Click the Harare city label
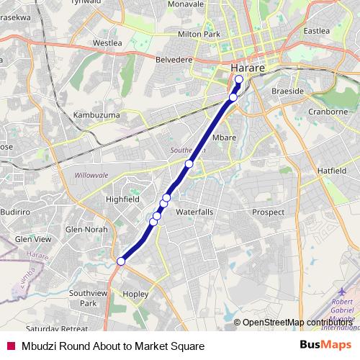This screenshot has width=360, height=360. pos(249,68)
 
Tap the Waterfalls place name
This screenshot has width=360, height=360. pos(195,212)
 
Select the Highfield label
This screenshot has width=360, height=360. pos(122,199)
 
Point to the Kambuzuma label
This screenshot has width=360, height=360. pos(96,115)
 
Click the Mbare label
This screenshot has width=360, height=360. pos(225,137)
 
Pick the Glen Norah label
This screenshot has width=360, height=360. pos(86,230)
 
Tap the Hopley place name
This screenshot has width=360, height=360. pos(135,294)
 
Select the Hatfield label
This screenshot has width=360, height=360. pos(332,171)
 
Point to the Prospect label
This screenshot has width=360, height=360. pos(268,212)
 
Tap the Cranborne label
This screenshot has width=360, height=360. pos(328,112)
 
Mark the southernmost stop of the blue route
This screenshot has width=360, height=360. pos(121,261)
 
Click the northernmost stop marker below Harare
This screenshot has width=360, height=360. pos(238,79)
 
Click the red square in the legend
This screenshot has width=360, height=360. pos(10,346)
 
